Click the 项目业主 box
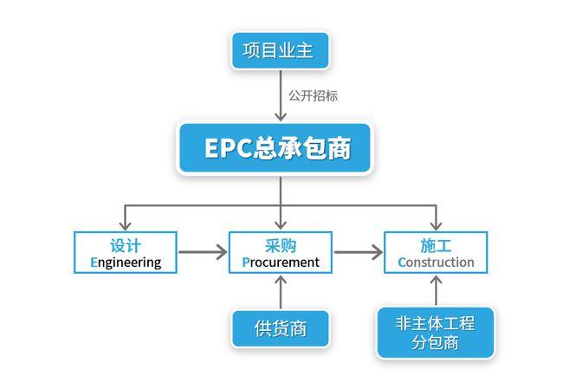280,51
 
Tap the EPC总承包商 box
280,148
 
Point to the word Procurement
281,262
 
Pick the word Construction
437,262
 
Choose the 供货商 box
280,328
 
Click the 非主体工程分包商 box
436,333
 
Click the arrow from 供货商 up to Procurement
281,292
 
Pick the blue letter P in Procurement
247,262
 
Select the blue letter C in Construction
403,262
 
